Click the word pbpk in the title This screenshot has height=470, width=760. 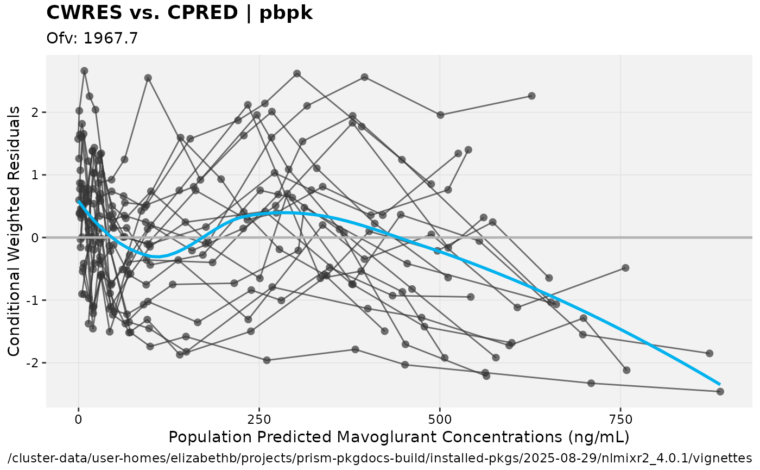(286, 13)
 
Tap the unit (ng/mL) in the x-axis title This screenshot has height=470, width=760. (594, 437)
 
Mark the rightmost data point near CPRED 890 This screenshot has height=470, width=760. (720, 391)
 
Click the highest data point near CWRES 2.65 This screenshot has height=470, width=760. (84, 71)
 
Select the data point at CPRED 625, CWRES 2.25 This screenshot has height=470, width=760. (531, 96)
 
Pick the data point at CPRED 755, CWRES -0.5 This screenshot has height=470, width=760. (625, 268)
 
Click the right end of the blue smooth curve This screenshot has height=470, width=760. (720, 384)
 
